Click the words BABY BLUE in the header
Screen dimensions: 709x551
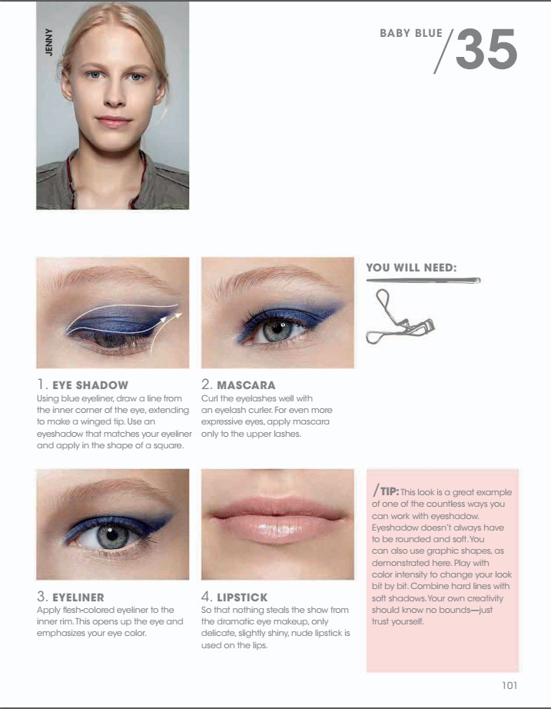click(411, 34)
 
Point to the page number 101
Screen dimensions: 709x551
click(509, 685)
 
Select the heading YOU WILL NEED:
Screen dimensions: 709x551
click(411, 268)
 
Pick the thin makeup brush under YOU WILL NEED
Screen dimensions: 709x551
click(423, 281)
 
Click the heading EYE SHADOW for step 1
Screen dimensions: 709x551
click(90, 384)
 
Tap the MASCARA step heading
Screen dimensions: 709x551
click(246, 384)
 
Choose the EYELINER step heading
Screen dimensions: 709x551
click(78, 597)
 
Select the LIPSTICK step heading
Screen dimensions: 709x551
click(243, 597)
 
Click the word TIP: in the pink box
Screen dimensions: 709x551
click(389, 491)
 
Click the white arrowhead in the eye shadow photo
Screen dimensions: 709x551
click(178, 314)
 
